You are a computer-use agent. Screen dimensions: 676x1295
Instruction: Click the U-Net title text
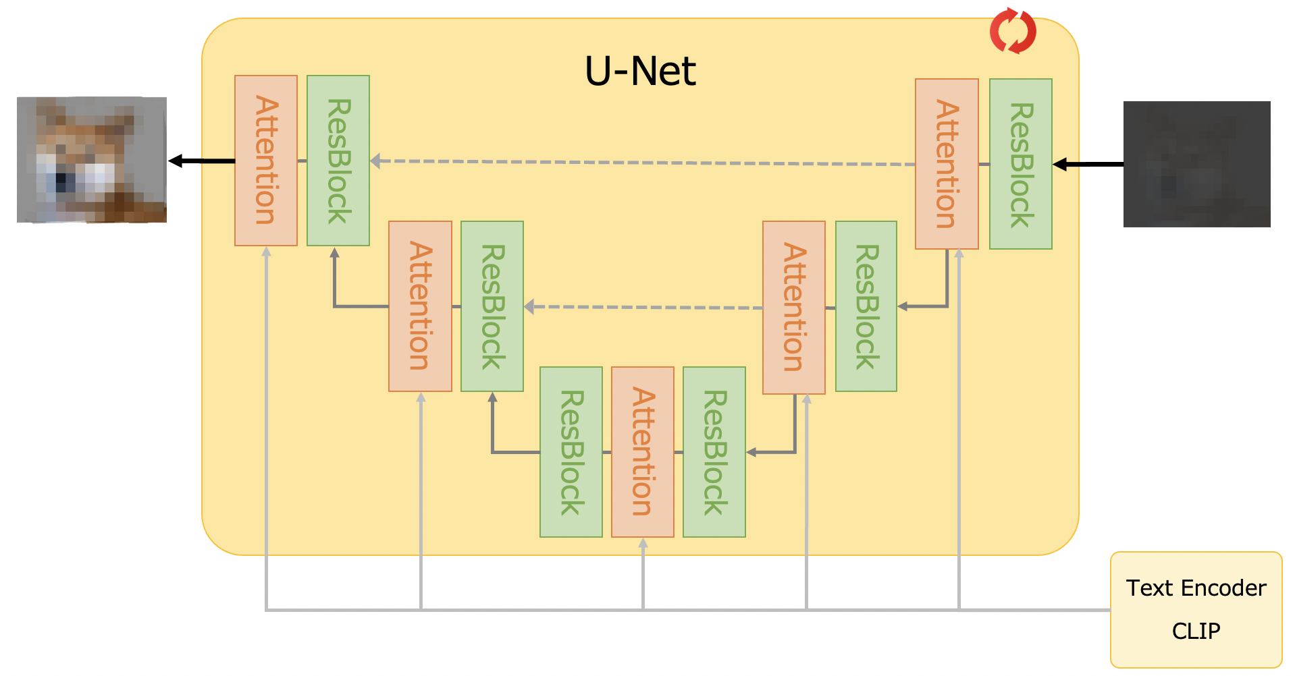click(x=639, y=72)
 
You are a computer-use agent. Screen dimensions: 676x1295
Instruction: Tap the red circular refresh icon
click(x=1012, y=31)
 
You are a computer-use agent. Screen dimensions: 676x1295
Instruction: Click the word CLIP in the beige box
click(x=1196, y=631)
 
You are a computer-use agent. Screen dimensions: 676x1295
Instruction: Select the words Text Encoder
click(x=1196, y=588)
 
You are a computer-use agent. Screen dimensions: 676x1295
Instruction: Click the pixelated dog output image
click(x=92, y=160)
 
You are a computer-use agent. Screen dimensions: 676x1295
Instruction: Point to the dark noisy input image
click(x=1196, y=164)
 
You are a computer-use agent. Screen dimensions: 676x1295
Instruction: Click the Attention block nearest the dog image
click(x=266, y=161)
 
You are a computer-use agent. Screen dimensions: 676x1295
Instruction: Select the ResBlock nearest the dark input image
click(x=1020, y=164)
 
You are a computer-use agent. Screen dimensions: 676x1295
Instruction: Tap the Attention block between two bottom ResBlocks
click(x=642, y=452)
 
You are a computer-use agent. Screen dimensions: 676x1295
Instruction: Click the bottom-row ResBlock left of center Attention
click(x=571, y=452)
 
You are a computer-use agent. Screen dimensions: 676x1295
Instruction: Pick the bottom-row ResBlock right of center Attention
click(x=714, y=452)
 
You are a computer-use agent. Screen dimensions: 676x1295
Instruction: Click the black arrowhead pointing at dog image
click(x=176, y=161)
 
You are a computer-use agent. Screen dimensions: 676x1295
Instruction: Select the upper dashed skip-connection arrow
click(x=641, y=163)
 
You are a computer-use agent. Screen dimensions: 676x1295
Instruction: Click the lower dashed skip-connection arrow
click(x=641, y=307)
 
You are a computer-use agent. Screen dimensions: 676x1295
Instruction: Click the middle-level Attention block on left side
click(x=420, y=306)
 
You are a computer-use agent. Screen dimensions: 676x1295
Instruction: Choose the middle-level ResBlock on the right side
click(x=866, y=306)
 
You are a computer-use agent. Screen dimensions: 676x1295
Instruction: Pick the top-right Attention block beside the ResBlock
click(x=947, y=164)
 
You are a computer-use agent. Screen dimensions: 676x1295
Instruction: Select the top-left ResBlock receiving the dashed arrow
click(x=338, y=161)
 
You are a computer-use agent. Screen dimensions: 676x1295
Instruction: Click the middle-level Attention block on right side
click(x=793, y=307)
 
